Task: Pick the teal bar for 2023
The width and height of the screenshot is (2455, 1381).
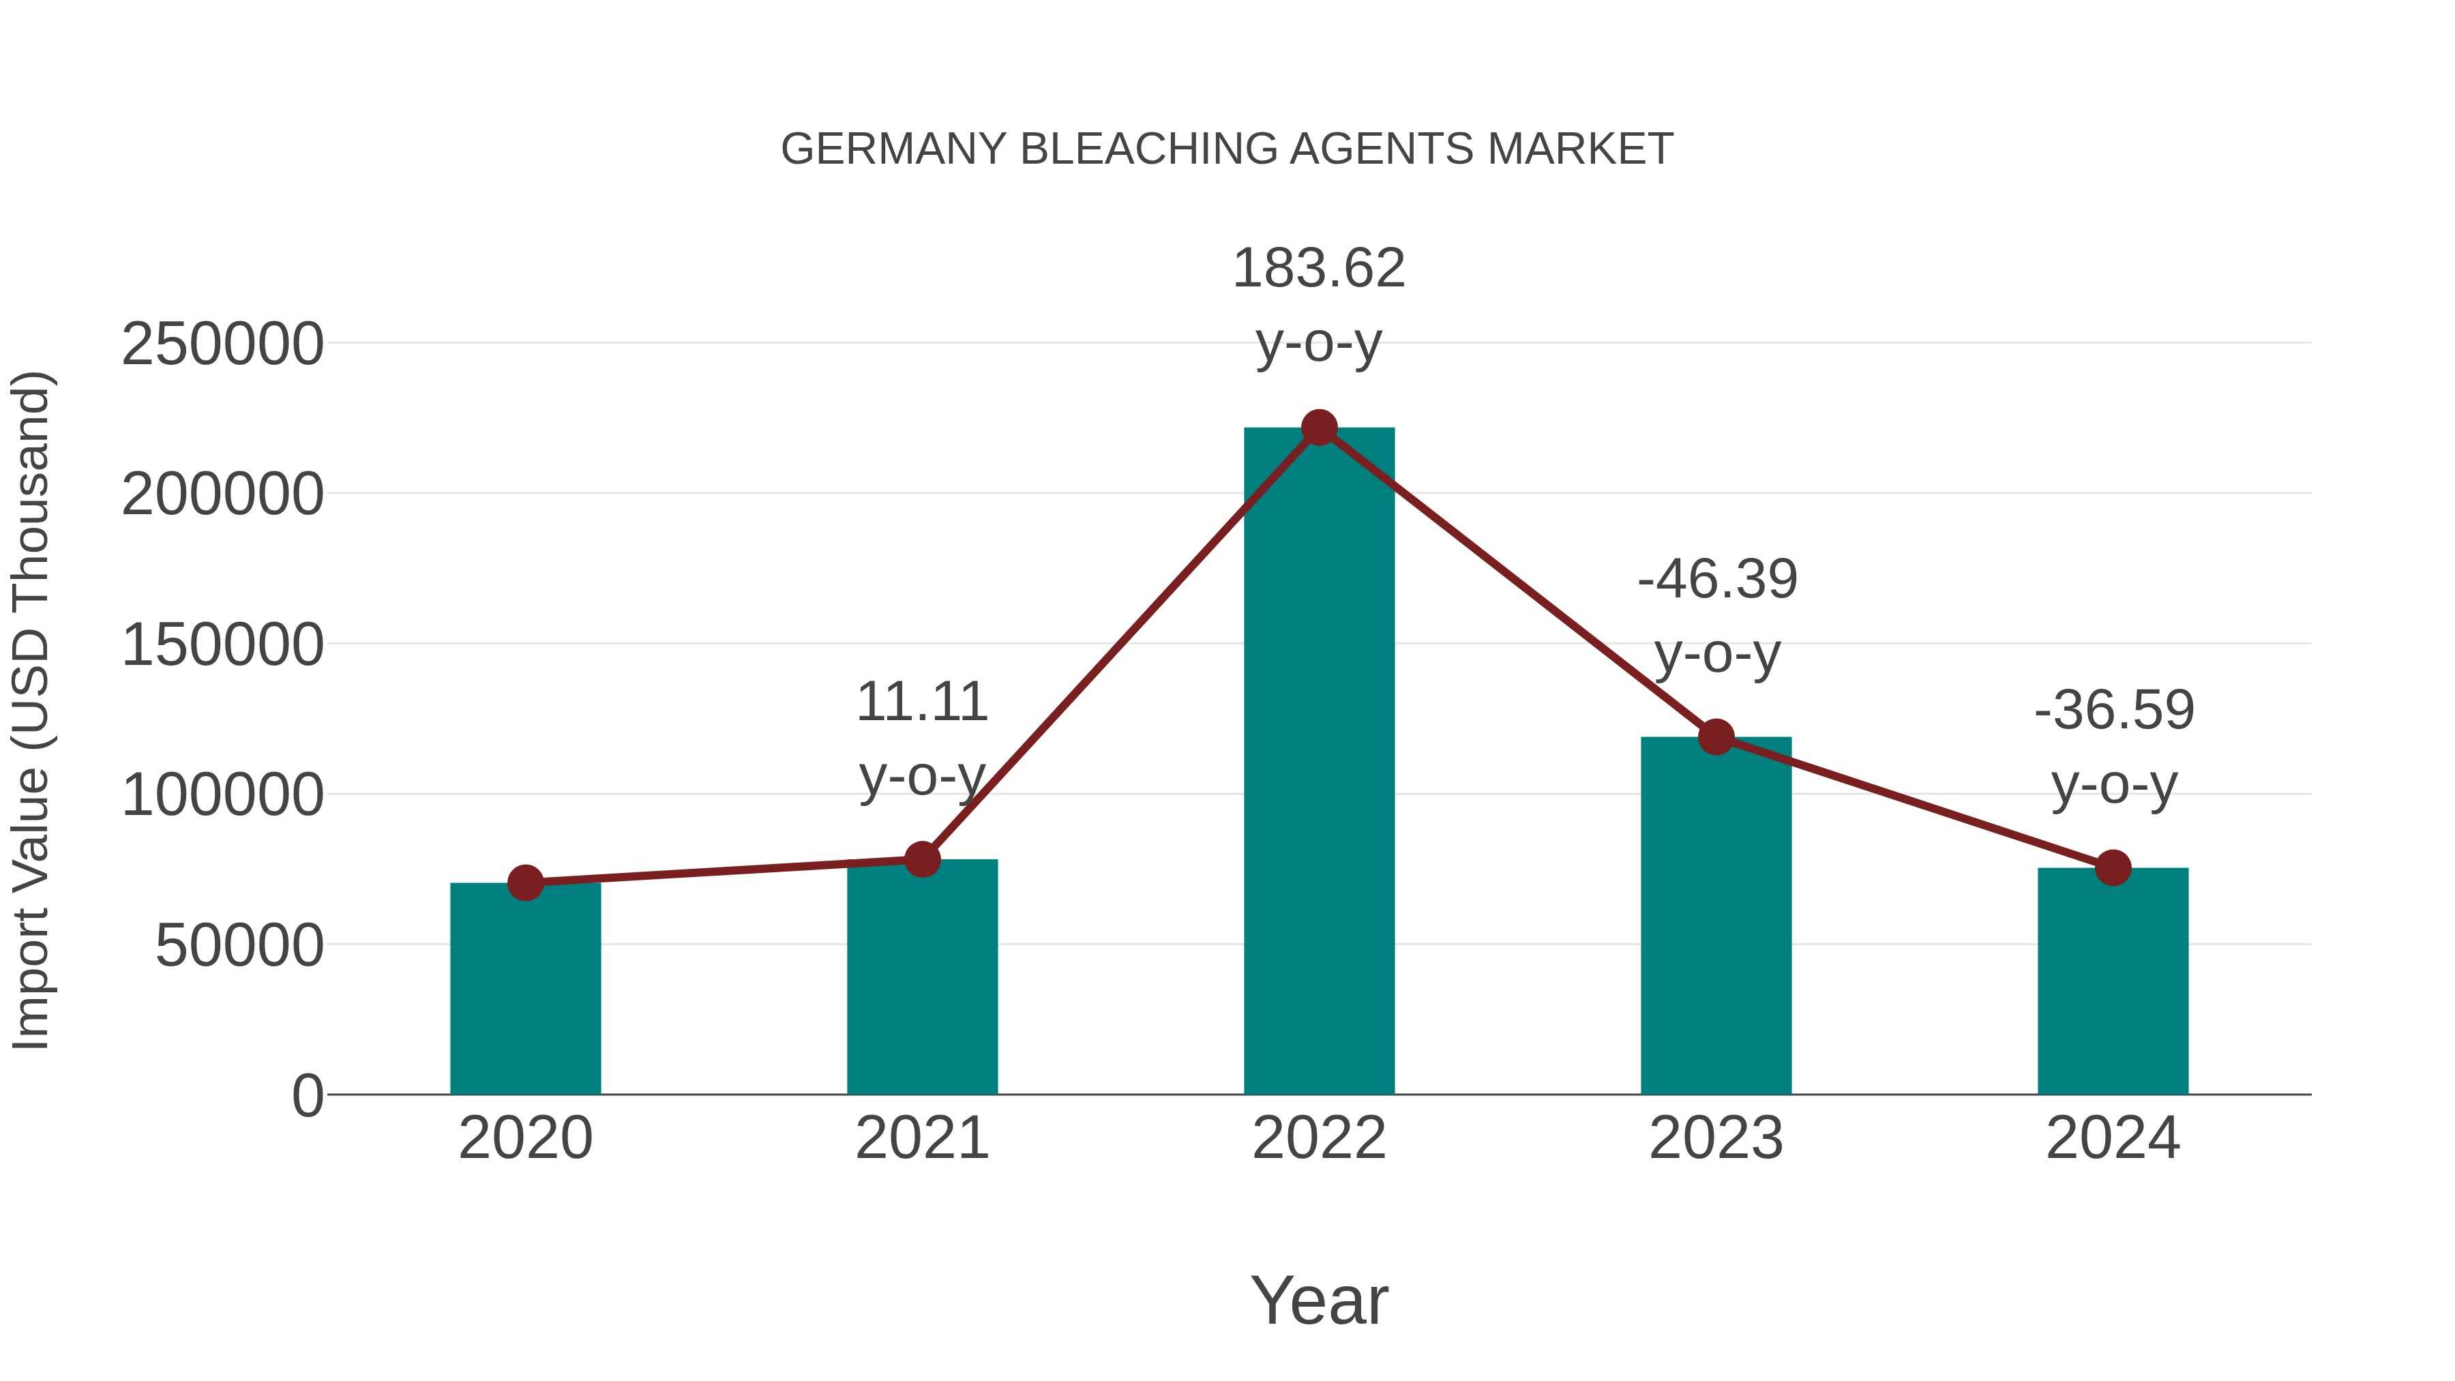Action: coord(1716,915)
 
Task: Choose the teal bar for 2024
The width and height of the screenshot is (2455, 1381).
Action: coord(2113,981)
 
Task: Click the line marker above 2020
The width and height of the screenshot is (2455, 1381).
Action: coord(525,883)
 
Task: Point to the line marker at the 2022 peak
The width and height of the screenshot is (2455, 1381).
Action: coord(1319,428)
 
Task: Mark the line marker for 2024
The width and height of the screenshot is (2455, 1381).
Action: coord(2113,868)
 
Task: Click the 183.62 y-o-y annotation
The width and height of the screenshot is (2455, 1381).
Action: coord(1319,305)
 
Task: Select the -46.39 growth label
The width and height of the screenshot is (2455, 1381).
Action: coord(1717,616)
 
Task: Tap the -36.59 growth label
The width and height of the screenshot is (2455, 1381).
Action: coord(2114,747)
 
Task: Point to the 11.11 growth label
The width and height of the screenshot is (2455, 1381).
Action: coord(921,739)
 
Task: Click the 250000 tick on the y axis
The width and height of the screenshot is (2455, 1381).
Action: coord(222,344)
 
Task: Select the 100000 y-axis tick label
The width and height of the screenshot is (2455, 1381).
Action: coord(222,796)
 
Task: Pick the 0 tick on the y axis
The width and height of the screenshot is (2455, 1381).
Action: coord(307,1096)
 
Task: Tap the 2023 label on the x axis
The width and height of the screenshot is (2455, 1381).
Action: coord(1716,1139)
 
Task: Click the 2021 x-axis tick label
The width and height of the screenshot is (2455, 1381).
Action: coord(921,1139)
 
